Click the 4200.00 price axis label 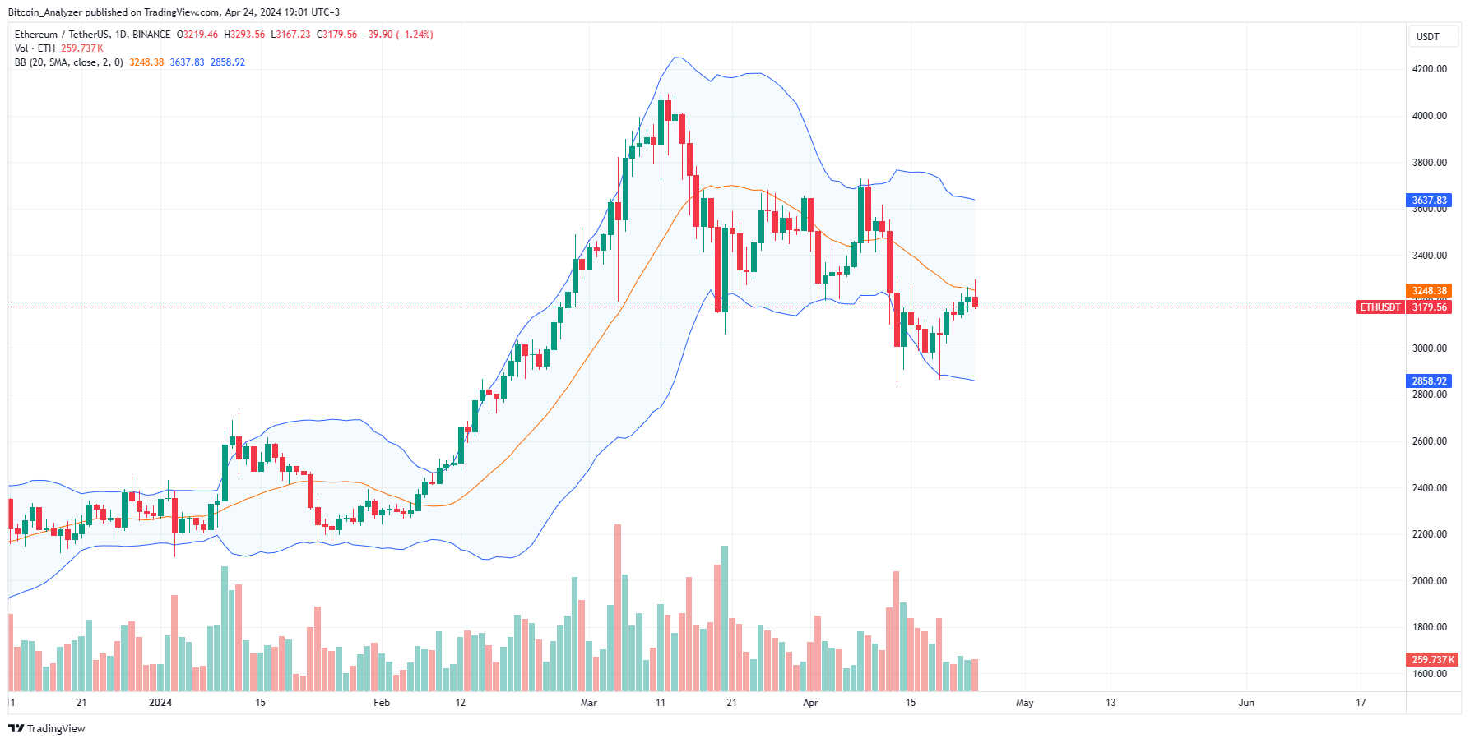pos(1429,69)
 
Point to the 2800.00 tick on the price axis pos(1429,395)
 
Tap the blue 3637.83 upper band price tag pos(1429,201)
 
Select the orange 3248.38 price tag pos(1429,291)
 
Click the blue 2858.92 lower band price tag pos(1429,381)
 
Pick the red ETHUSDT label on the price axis pos(1380,307)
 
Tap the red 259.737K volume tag pos(1432,660)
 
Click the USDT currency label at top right pos(1427,37)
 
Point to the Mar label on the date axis pos(588,703)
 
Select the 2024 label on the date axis pos(160,703)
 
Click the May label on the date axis pos(1024,703)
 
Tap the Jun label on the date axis pos(1246,703)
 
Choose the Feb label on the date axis pos(382,703)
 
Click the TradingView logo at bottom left pos(47,729)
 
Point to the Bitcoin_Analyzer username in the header pos(45,12)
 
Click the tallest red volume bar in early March pos(618,608)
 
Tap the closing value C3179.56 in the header pos(337,35)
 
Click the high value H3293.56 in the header pos(244,35)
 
